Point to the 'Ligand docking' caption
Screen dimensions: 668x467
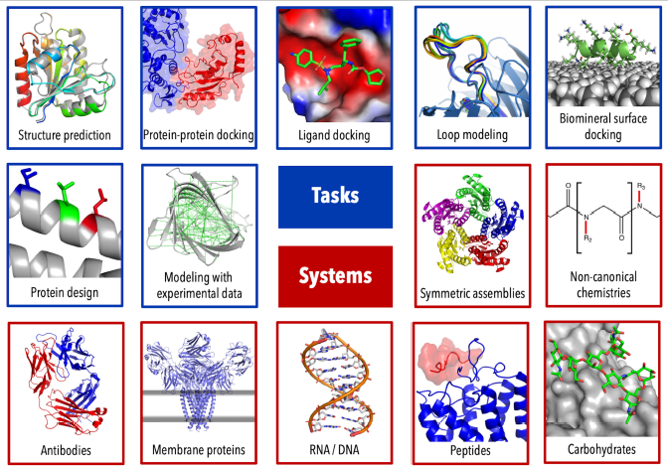coord(334,135)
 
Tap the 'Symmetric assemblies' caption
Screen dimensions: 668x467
coord(470,293)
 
